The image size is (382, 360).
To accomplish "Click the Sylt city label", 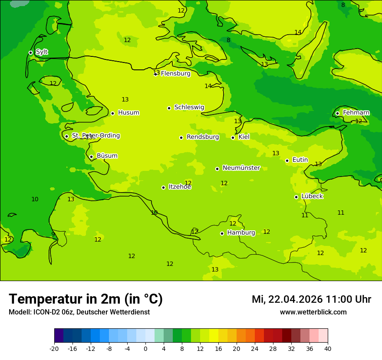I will click(42, 52).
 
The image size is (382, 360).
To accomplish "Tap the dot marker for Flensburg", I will click(155, 74).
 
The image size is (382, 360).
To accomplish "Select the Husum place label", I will click(128, 113).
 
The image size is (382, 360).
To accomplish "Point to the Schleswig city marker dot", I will click(169, 108).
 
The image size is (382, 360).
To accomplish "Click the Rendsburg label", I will click(203, 137).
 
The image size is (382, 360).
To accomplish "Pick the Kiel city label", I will click(244, 137).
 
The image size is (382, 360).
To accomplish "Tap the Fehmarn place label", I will click(356, 113).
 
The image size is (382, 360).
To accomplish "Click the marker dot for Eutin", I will click(287, 160).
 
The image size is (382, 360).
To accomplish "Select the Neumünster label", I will click(241, 168).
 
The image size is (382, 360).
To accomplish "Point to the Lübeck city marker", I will click(296, 197).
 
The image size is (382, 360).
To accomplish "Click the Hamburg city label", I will click(241, 233).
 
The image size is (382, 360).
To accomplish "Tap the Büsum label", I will click(107, 156).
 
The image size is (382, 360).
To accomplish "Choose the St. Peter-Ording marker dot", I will click(66, 136).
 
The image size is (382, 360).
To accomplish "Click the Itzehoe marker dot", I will click(163, 187).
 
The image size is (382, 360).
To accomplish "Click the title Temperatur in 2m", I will click(86, 299).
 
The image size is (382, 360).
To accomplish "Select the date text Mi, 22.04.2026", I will click(287, 299).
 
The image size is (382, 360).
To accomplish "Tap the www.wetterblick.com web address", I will click(313, 312).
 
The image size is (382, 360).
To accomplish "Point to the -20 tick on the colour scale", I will click(54, 348).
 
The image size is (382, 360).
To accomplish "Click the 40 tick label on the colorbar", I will click(328, 348).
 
